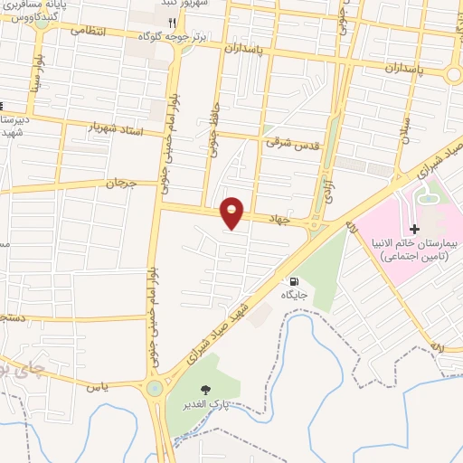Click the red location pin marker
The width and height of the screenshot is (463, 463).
point(233,212)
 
